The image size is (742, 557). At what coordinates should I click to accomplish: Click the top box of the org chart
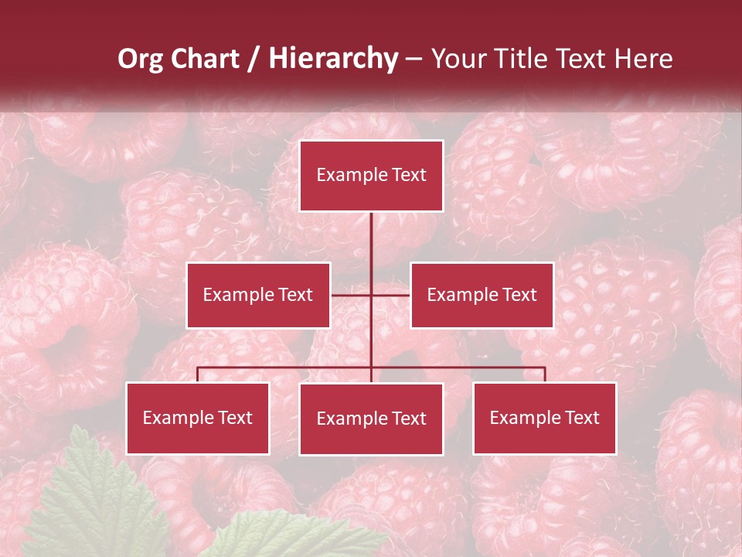[371, 176]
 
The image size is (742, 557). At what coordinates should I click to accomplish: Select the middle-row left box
[258, 295]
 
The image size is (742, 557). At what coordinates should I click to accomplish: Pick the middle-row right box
[482, 295]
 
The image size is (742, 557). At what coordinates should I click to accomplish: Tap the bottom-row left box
[198, 418]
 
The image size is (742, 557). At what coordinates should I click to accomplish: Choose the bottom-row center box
[371, 419]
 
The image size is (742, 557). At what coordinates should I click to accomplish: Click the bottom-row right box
[544, 418]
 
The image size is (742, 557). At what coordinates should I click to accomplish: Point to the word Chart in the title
[205, 59]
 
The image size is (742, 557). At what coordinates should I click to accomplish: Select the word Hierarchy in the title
[332, 59]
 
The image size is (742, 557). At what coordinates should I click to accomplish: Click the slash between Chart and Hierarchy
[254, 60]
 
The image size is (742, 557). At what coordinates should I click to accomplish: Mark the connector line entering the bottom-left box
[198, 374]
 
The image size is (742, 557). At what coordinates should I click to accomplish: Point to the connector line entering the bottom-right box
[544, 374]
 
